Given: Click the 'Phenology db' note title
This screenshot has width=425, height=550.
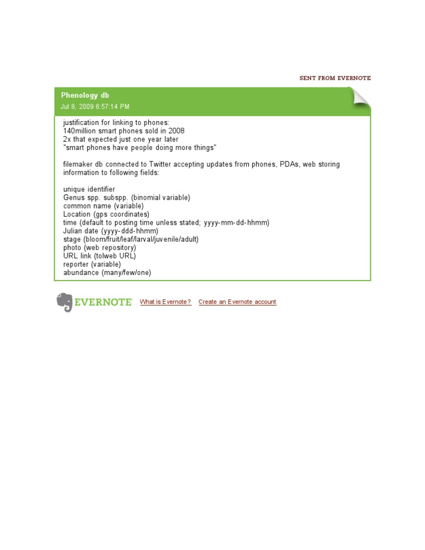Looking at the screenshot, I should coord(85,95).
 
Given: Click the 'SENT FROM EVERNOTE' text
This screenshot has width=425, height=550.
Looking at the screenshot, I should coord(335,79).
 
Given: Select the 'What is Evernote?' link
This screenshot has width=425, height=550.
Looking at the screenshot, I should coord(165,302).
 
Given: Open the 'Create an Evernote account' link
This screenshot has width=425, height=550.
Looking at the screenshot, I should coord(237,302).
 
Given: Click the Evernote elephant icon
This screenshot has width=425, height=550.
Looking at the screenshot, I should coord(64,302).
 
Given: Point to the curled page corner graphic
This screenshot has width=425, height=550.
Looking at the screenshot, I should coord(361,98).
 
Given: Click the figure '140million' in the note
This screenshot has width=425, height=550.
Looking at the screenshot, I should coord(81,131).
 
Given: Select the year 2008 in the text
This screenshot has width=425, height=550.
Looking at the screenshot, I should coord(176,131).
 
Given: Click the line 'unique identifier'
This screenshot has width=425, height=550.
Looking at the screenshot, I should coord(89,189).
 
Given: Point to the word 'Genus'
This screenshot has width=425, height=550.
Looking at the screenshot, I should coord(74,198).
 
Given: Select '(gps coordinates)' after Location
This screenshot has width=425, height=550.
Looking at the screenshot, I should coord(121,214).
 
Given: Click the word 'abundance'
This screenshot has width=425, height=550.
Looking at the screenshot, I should coord(80,273).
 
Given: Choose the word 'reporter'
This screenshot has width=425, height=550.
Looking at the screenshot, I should coord(76,264).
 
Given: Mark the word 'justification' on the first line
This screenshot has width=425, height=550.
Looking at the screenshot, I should coord(83,122).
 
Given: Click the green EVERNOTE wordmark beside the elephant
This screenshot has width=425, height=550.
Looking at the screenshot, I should coord(103,302).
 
